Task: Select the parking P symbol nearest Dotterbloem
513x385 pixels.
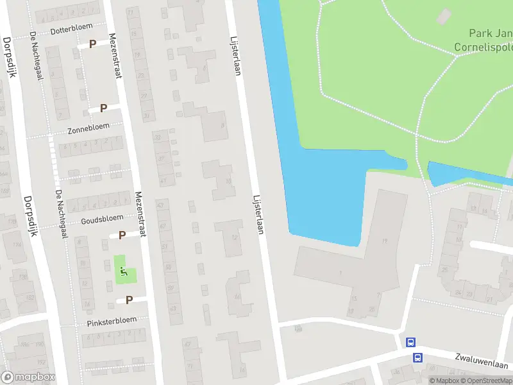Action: tap(93, 44)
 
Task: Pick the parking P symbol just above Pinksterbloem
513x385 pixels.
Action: tap(129, 300)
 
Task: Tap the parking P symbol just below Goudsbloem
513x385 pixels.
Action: tap(122, 235)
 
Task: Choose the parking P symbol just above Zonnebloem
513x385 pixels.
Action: tap(103, 108)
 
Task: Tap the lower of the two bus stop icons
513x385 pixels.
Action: tap(417, 357)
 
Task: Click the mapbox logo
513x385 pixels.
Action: tap(28, 377)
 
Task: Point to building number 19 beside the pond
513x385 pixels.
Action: tap(385, 241)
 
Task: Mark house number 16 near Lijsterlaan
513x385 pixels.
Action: tap(242, 370)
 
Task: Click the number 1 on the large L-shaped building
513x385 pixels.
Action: tap(341, 273)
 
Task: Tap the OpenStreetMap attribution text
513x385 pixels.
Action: tap(489, 381)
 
